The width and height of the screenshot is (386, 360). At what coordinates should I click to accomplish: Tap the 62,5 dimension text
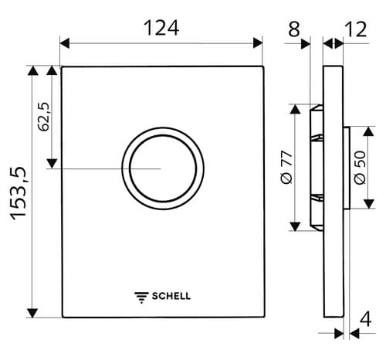click(x=44, y=116)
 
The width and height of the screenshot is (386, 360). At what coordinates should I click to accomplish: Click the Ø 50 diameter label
click(x=360, y=167)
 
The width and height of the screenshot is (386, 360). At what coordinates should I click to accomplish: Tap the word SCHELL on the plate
click(x=171, y=295)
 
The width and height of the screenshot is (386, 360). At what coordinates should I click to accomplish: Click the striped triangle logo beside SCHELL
click(x=141, y=295)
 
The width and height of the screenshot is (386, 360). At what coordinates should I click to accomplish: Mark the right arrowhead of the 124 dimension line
click(x=259, y=43)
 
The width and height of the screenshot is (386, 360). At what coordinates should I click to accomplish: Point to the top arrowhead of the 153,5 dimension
click(x=32, y=71)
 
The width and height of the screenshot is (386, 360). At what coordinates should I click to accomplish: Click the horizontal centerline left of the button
click(x=93, y=168)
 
